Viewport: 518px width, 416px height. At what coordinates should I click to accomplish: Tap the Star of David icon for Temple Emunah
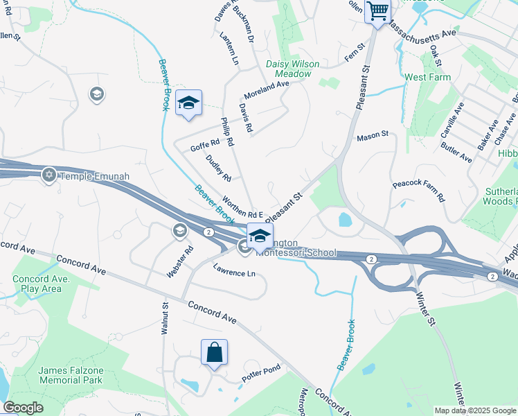[48, 175]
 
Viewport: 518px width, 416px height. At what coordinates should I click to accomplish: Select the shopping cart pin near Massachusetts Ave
[377, 10]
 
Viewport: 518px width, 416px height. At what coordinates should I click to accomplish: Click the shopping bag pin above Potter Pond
[215, 352]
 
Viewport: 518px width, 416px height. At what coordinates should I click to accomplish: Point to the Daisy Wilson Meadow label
[293, 69]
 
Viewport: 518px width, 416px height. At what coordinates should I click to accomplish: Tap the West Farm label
[427, 78]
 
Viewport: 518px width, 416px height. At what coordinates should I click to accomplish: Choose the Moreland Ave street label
[266, 89]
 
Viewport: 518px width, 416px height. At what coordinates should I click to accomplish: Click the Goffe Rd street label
[204, 145]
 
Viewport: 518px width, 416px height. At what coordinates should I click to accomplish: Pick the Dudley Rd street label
[218, 168]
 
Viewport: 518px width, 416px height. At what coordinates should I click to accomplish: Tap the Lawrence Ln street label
[234, 273]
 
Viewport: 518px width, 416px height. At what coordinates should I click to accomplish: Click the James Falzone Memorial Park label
[71, 375]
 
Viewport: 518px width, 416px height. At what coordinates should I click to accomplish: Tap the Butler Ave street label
[456, 155]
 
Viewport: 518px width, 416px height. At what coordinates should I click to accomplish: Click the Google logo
[24, 408]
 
